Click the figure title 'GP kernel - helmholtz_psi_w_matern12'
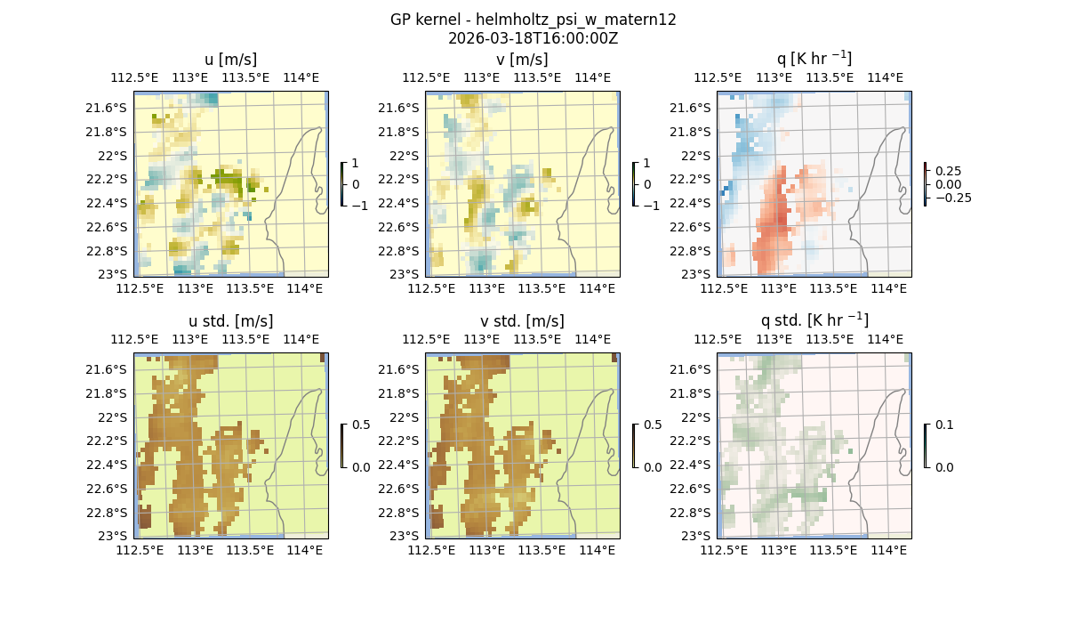[x=533, y=20]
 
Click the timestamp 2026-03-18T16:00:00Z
[x=533, y=38]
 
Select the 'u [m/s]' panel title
[x=230, y=60]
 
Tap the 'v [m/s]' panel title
[x=522, y=60]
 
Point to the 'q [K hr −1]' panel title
[x=814, y=59]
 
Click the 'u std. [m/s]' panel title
[x=230, y=321]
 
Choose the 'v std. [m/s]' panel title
[x=522, y=321]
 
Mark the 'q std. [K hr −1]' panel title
[x=814, y=320]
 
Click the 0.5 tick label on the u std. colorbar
[x=361, y=425]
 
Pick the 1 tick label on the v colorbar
[x=647, y=163]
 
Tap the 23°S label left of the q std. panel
[x=699, y=536]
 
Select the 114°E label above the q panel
[x=884, y=77]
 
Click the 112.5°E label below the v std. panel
[x=432, y=551]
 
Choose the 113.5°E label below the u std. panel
[x=248, y=551]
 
